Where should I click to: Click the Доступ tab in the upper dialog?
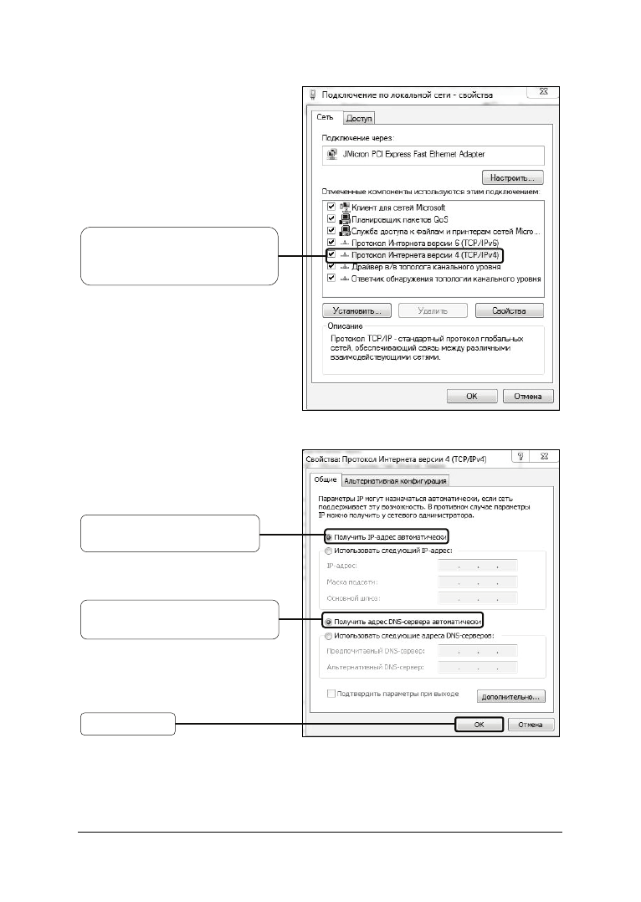pos(360,119)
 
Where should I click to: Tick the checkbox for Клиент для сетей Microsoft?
pos(332,207)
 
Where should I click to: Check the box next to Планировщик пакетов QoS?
pos(332,218)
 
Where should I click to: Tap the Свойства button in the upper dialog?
pos(510,310)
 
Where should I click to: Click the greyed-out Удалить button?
pos(433,310)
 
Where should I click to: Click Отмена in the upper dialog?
pos(527,397)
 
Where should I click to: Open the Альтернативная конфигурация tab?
pos(396,480)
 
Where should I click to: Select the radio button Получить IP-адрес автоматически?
pos(329,536)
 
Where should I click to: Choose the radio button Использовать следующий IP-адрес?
pos(329,551)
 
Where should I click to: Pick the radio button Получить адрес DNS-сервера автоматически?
pos(329,623)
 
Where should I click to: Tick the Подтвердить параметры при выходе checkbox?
pos(332,694)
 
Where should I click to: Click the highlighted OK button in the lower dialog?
pos(479,725)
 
